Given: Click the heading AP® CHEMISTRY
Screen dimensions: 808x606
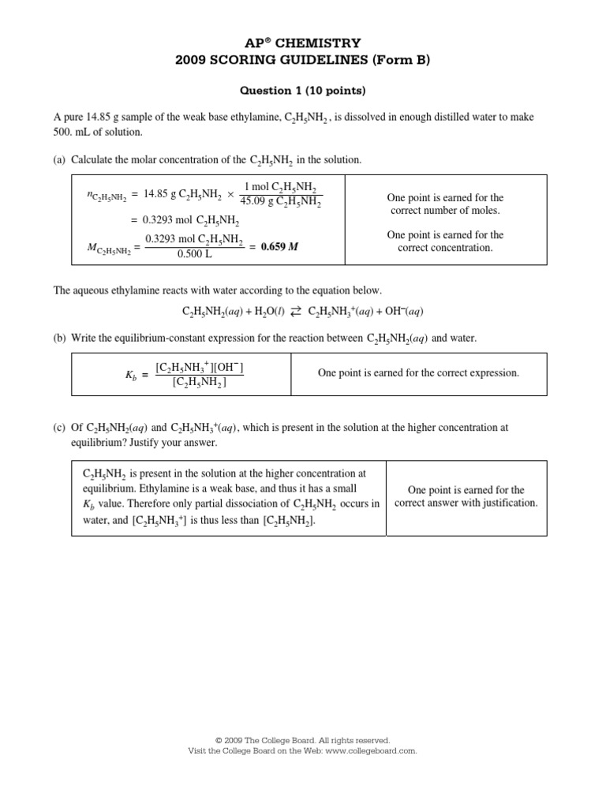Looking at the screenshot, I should point(303,43).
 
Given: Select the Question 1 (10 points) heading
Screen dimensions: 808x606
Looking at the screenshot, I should point(303,91).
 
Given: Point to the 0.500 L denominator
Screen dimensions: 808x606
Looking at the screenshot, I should point(194,254).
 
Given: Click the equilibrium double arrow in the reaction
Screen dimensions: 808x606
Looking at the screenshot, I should point(295,312).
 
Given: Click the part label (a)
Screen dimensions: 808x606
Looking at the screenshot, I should point(59,159).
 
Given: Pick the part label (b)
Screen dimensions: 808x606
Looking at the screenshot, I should point(59,338).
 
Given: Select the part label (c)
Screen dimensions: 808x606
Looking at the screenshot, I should point(59,428).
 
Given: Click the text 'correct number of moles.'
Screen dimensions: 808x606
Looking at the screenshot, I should point(445,211).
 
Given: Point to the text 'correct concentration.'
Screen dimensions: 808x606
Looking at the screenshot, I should point(445,248).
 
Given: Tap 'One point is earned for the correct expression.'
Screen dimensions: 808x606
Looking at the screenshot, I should point(418,373).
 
